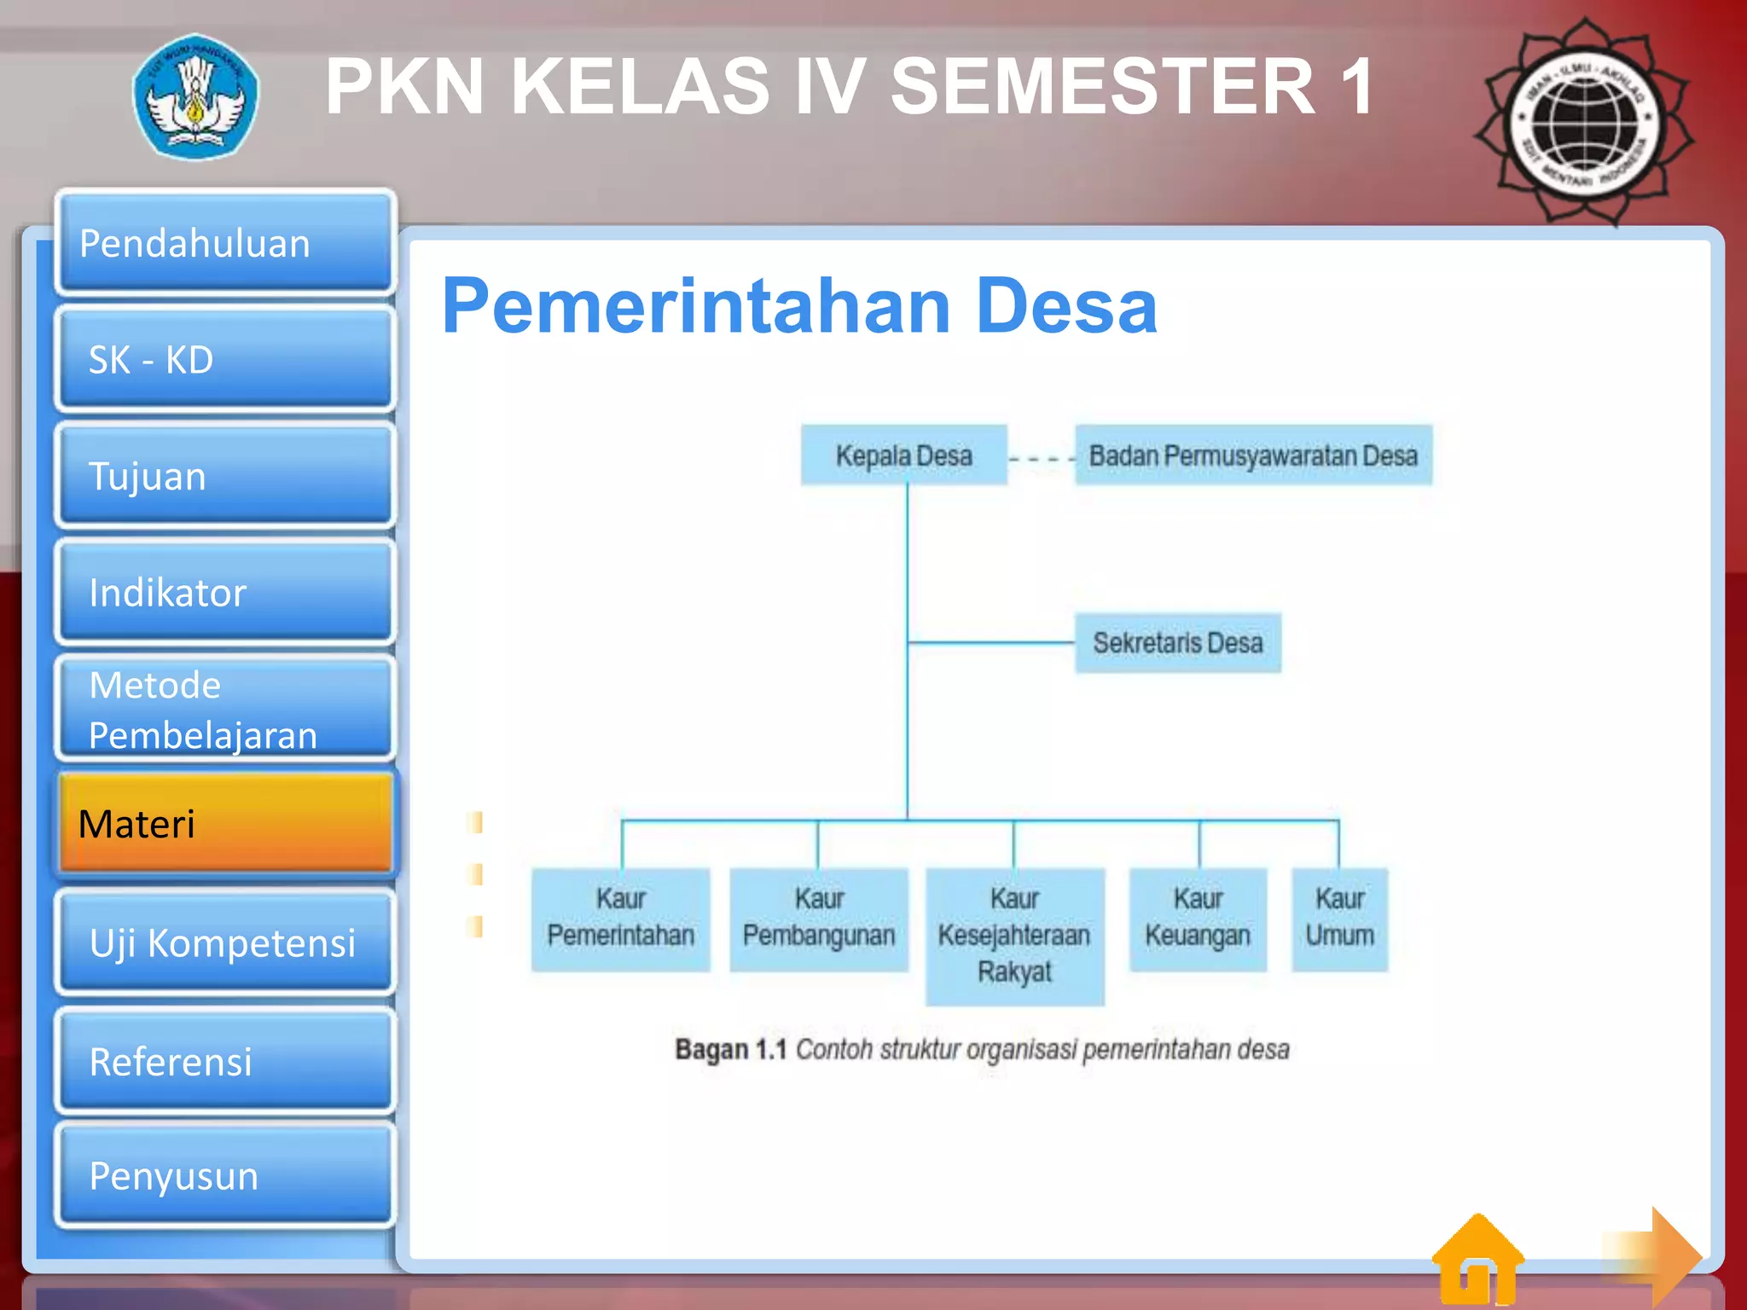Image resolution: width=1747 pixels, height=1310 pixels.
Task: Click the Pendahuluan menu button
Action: tap(225, 243)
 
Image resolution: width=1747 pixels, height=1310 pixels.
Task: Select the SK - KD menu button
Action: tap(225, 359)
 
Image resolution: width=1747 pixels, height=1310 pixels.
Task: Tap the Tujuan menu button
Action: tap(225, 475)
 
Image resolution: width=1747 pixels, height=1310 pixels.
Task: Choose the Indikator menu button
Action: tap(225, 592)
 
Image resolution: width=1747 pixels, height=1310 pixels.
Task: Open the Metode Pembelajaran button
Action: tap(225, 709)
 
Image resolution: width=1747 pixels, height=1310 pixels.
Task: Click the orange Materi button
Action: tap(225, 824)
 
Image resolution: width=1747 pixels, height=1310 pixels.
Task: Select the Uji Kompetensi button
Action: tap(225, 942)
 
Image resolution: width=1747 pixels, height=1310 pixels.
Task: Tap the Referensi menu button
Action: tap(225, 1061)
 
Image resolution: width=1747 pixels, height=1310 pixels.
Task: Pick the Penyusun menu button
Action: tap(225, 1175)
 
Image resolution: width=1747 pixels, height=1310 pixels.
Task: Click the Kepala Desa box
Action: tap(903, 455)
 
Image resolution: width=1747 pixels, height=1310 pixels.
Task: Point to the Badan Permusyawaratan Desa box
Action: tap(1252, 455)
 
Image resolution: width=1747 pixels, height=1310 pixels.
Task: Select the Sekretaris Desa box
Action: tap(1177, 642)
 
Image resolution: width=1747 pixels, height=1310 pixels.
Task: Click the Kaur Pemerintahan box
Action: tap(620, 919)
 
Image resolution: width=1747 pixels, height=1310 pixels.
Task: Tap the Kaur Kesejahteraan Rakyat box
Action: tap(1014, 936)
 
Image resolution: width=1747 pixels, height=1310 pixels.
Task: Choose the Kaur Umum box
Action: tap(1339, 919)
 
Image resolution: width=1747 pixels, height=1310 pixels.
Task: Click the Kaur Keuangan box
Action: tap(1198, 919)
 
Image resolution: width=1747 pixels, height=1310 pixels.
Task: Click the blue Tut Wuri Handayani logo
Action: tap(196, 96)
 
